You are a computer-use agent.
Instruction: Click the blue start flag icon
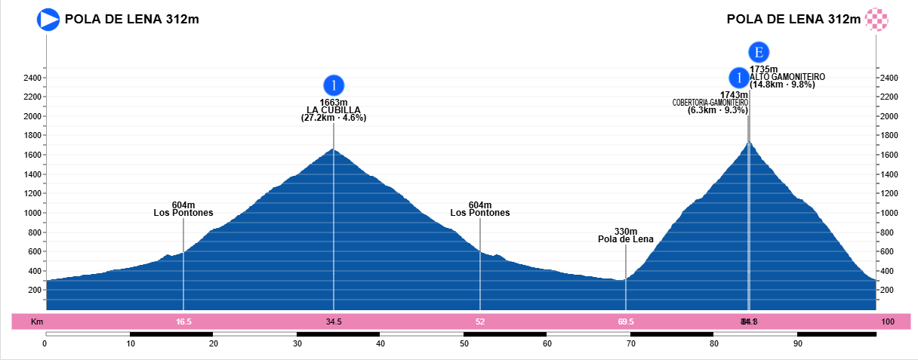click(x=48, y=19)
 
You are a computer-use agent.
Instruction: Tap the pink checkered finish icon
click(x=876, y=19)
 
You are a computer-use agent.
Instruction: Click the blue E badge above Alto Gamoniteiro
click(x=759, y=52)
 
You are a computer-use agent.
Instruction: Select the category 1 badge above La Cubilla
click(x=334, y=85)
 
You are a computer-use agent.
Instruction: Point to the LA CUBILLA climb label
click(x=334, y=110)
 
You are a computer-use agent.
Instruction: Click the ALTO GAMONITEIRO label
click(x=787, y=77)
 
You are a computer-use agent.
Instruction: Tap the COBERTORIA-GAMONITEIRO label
click(x=710, y=103)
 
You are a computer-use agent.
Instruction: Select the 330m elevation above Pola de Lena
click(x=626, y=232)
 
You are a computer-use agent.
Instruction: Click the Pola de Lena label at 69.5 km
click(x=626, y=240)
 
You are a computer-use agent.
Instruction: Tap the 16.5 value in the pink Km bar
click(x=183, y=322)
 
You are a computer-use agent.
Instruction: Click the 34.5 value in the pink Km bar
click(x=334, y=322)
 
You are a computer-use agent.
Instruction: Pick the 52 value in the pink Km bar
click(x=480, y=322)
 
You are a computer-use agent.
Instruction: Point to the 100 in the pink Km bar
click(x=888, y=322)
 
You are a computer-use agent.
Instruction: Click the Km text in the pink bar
click(x=36, y=322)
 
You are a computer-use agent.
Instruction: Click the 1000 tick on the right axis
click(x=889, y=214)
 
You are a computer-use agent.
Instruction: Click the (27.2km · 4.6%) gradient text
click(x=334, y=118)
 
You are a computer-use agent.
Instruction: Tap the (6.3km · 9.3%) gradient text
click(x=717, y=110)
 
